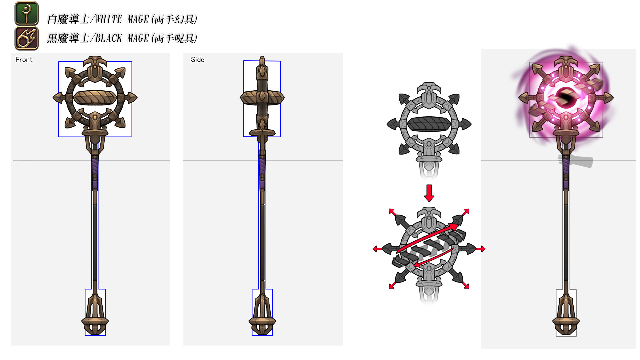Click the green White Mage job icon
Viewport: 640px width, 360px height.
[27, 13]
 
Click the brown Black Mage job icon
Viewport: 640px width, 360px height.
[27, 38]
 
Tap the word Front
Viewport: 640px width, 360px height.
[24, 60]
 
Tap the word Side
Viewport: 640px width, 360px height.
[197, 60]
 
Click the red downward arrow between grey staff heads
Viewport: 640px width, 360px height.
[429, 193]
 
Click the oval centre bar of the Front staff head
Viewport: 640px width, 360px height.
[95, 98]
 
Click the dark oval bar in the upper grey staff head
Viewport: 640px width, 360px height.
[429, 124]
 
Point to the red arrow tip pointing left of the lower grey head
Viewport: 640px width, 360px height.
[375, 249]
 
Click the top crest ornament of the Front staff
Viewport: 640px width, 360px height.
[95, 63]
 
